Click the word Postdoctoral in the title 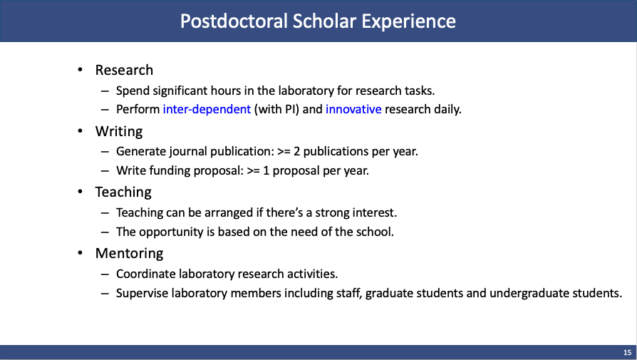(x=234, y=21)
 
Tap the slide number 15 (x=627, y=352)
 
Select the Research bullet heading (x=124, y=70)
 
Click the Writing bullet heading (x=119, y=132)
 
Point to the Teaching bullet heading (x=123, y=192)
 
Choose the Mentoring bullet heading (x=129, y=253)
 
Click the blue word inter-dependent (x=207, y=110)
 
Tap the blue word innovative (x=353, y=109)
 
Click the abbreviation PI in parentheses (x=290, y=109)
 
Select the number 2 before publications (x=297, y=151)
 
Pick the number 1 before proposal (x=266, y=170)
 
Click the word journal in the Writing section (x=182, y=151)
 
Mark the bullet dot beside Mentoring (x=80, y=253)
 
